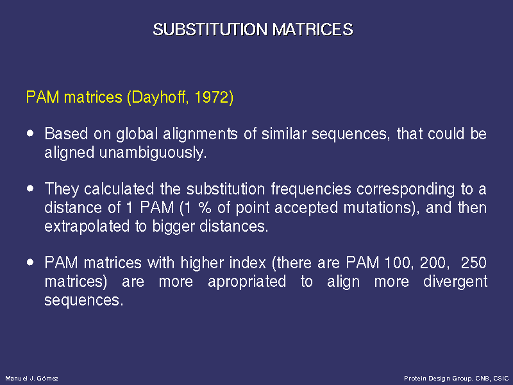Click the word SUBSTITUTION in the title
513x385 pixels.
tap(210, 30)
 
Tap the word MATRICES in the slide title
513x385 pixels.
tap(313, 30)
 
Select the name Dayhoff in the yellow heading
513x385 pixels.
tap(160, 98)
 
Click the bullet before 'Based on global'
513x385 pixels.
tap(30, 133)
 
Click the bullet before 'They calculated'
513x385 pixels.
tap(30, 188)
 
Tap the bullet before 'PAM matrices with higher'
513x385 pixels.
tap(30, 262)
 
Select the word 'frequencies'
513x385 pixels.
tap(311, 189)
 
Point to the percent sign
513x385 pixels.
tap(205, 208)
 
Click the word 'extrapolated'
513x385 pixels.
tap(87, 227)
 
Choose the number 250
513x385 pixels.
tap(474, 263)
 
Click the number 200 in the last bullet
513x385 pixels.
tap(432, 263)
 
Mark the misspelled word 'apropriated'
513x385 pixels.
tap(247, 282)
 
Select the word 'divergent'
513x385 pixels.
tap(455, 282)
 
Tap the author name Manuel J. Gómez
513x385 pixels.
tap(31, 379)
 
